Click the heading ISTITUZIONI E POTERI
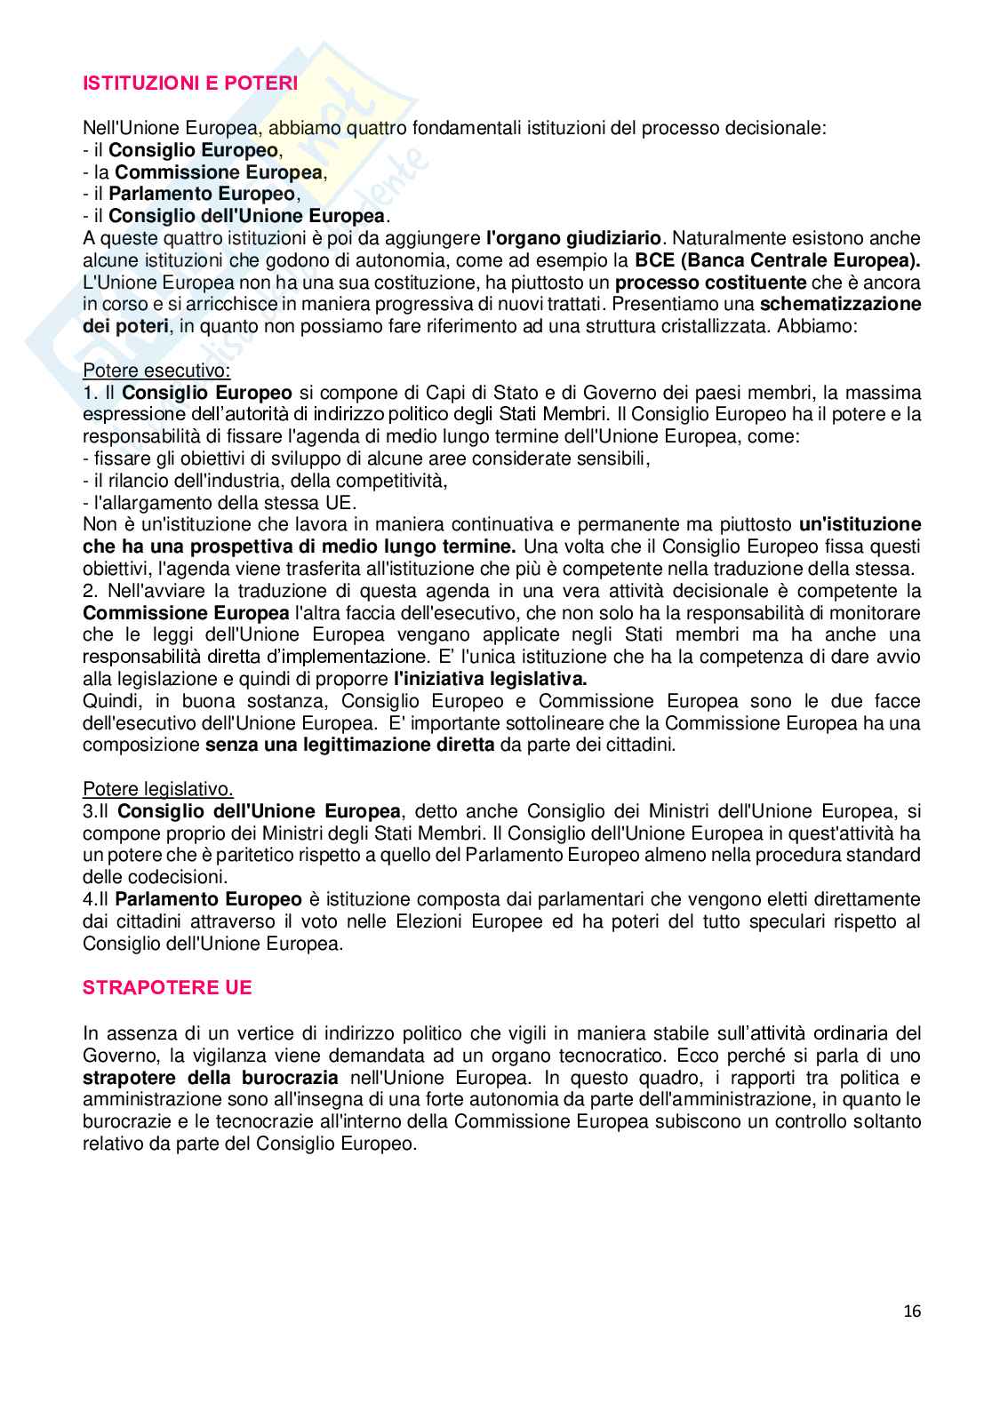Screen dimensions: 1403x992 pyautogui.click(x=190, y=84)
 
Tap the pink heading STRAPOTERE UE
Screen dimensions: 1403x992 pyautogui.click(x=167, y=987)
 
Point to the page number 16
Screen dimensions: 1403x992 pyautogui.click(x=912, y=1311)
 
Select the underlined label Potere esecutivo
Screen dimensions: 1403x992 pyautogui.click(x=156, y=371)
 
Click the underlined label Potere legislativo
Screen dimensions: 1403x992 pyautogui.click(x=158, y=789)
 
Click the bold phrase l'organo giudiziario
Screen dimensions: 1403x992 pyautogui.click(x=573, y=238)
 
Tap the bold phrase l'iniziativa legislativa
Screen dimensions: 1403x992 pyautogui.click(x=490, y=679)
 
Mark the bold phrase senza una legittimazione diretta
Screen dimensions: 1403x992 pyautogui.click(x=349, y=745)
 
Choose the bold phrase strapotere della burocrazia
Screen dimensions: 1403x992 pyautogui.click(x=211, y=1078)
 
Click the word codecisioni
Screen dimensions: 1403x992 pyautogui.click(x=131, y=877)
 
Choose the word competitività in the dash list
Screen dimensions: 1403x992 pyautogui.click(x=395, y=481)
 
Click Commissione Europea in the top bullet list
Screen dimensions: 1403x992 pyautogui.click(x=219, y=172)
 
